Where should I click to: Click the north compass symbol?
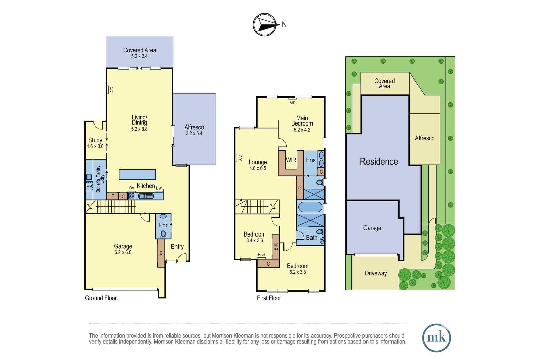coord(265,25)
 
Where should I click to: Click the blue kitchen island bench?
coord(137,174)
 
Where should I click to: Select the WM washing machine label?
coord(89,186)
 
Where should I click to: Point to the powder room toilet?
coord(163,234)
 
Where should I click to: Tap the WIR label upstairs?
coord(291,160)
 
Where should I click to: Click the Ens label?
coord(311,160)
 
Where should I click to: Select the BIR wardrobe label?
coord(276,247)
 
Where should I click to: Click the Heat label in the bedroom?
coord(261,255)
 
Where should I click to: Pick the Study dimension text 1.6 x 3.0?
coord(95,146)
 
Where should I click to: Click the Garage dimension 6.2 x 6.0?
coord(123,252)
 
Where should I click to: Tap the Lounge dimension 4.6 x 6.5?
coord(258,168)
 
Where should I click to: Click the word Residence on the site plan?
coord(379,162)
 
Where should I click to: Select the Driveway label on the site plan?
coord(376,273)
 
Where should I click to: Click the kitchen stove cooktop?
coord(132,196)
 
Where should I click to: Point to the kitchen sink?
coord(146,196)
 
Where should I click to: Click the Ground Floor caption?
coord(101,298)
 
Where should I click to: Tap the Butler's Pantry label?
coord(98,179)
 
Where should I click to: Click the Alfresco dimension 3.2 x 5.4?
coord(194,133)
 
